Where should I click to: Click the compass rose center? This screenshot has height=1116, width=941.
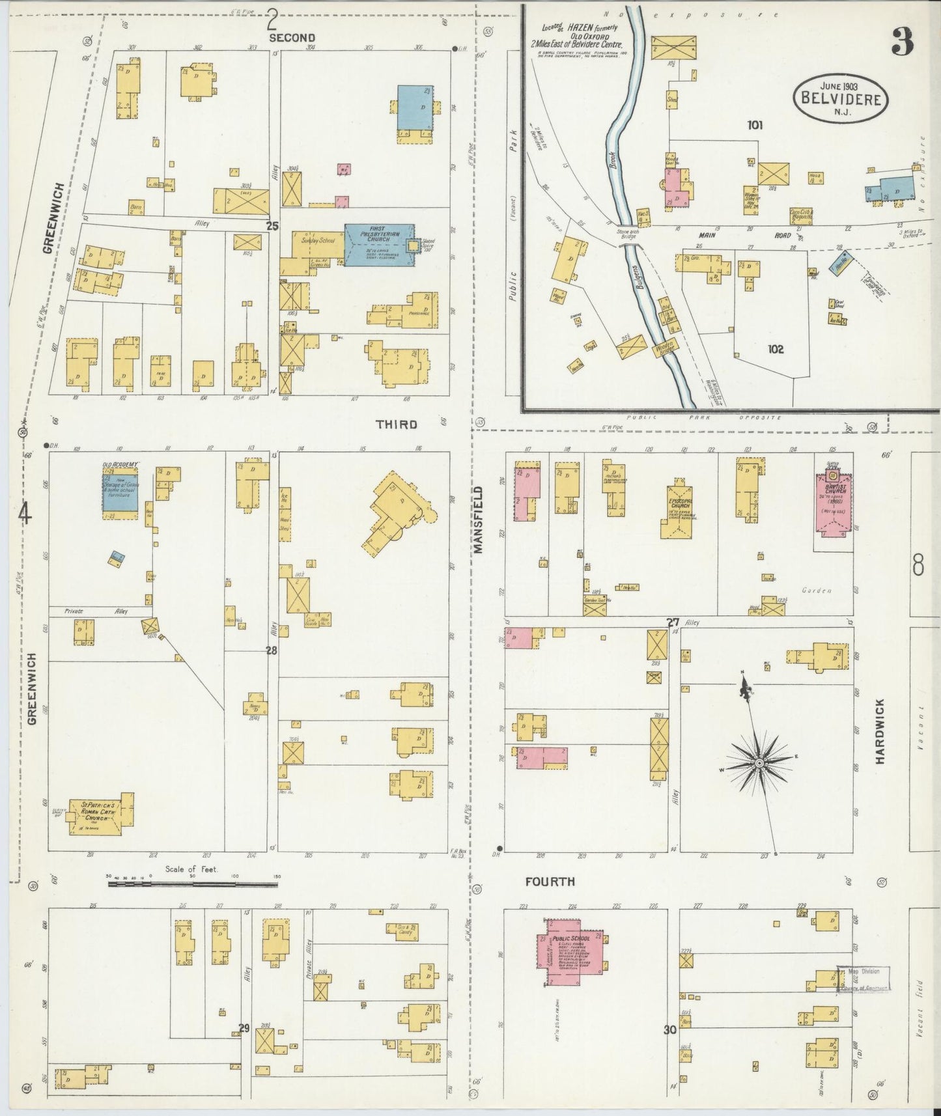pos(759,762)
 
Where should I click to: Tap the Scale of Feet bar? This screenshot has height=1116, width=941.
pos(193,884)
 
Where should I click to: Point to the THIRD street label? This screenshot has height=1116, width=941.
pos(396,425)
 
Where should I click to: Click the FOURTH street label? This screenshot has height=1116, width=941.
pos(550,882)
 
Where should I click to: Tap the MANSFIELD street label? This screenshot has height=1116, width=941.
pos(479,520)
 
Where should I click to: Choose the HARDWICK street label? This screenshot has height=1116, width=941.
pos(880,731)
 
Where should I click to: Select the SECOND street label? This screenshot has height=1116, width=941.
pos(292,38)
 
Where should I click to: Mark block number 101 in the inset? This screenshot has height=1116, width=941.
pos(755,125)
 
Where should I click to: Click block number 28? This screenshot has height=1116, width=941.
pos(272,650)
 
